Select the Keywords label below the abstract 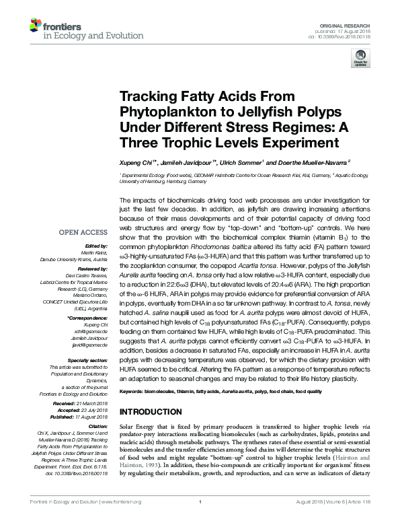click(133, 391)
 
